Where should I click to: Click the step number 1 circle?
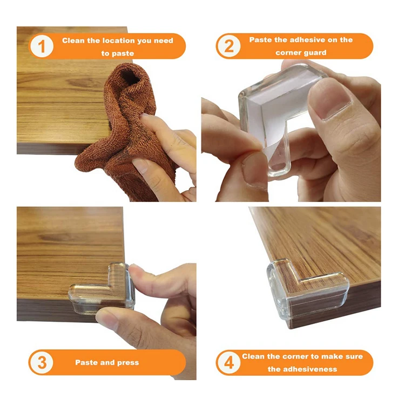point(42,46)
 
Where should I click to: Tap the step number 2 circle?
point(229,46)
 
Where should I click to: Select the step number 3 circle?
point(42,362)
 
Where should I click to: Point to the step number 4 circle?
point(229,363)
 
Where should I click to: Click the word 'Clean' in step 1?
point(73,40)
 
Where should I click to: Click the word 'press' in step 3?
point(128,363)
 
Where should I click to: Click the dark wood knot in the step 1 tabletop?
point(82,83)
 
